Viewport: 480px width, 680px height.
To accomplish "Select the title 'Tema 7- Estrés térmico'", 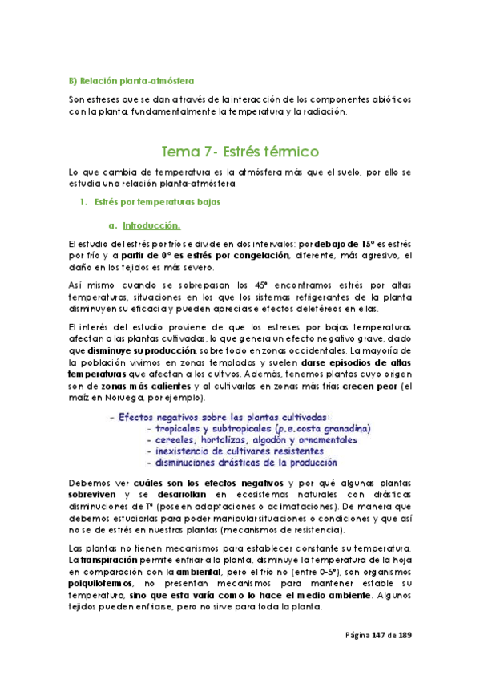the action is point(240,151).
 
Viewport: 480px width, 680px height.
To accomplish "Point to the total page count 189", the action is point(406,636).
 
